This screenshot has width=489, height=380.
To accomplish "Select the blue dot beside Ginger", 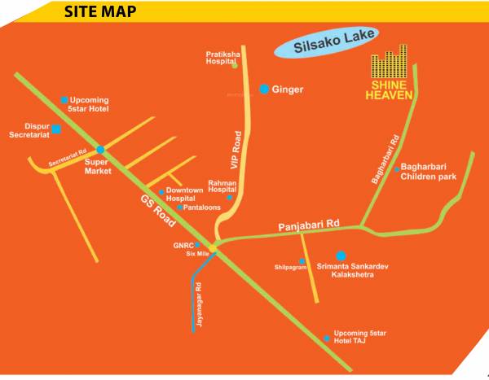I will point(264,89).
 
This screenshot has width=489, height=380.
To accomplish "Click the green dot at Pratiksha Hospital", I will point(235,65).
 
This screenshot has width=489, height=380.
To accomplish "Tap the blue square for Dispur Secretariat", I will point(56,129).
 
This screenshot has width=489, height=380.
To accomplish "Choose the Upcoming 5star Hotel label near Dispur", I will point(89,103).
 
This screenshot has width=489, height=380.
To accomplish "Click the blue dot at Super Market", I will point(100,150).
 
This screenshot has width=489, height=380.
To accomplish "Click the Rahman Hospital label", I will point(222,187).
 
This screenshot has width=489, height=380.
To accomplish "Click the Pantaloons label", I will point(200,207).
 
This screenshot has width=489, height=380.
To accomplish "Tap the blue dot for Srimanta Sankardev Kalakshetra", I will point(341,256).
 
